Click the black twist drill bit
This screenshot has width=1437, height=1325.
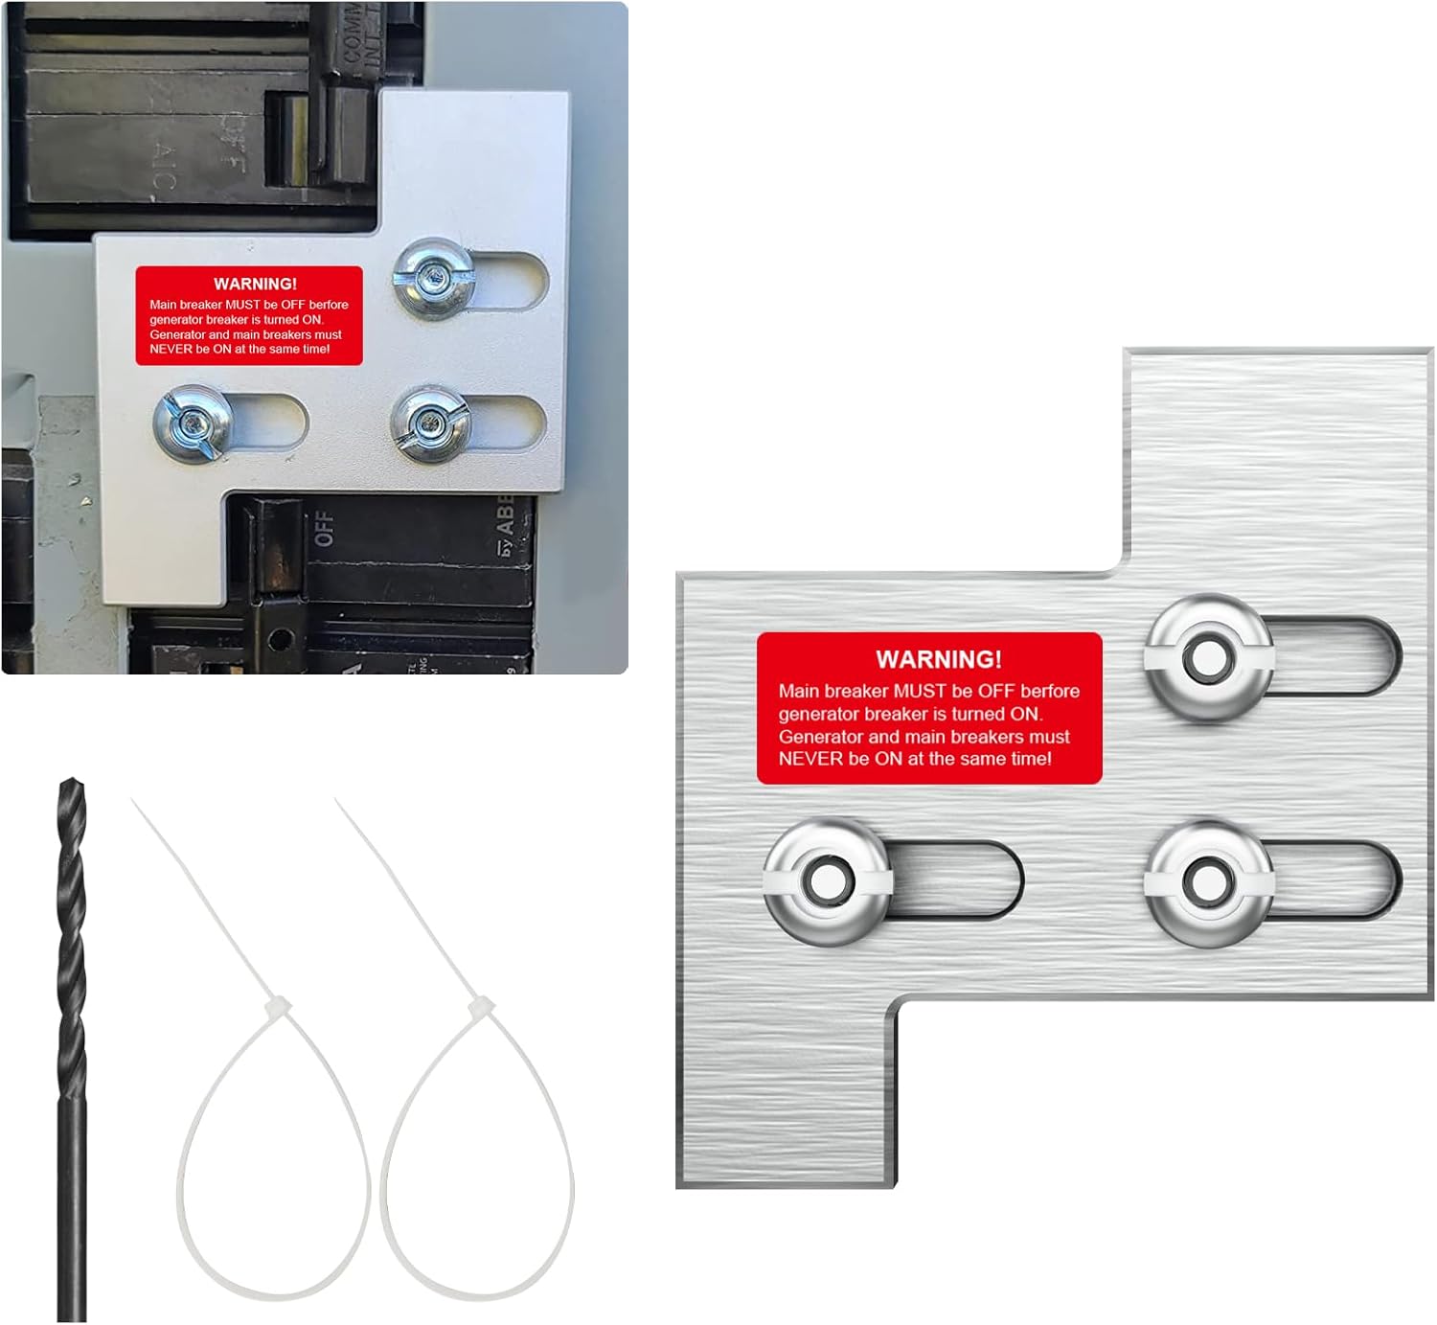click(72, 1054)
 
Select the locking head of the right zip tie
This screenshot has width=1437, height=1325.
click(480, 1008)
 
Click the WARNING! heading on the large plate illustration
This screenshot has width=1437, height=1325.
click(938, 659)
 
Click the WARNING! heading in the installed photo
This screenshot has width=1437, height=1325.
click(255, 284)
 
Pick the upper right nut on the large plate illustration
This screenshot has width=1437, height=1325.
click(1209, 657)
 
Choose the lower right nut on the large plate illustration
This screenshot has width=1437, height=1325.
click(1209, 881)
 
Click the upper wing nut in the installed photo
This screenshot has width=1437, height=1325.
click(434, 278)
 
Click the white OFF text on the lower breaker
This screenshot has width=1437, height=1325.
click(325, 528)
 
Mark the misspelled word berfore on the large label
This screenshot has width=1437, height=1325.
click(1050, 691)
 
